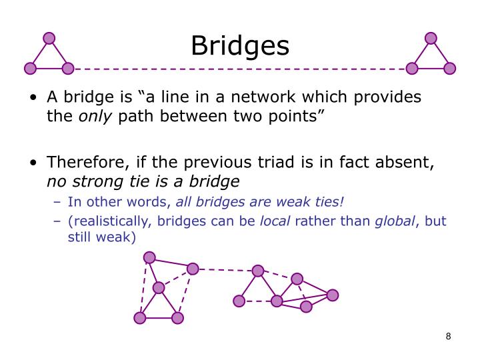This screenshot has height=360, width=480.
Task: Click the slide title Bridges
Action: [x=240, y=45]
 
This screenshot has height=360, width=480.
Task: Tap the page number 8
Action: [x=449, y=336]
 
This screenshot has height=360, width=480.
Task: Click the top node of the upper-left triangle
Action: [x=49, y=38]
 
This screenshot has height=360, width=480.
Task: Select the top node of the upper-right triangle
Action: [x=431, y=38]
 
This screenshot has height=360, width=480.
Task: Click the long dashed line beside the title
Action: [x=240, y=68]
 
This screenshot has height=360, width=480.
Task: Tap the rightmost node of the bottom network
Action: [x=333, y=295]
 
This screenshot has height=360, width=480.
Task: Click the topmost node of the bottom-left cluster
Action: [x=149, y=257]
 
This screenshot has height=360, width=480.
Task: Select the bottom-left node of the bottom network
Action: [x=139, y=318]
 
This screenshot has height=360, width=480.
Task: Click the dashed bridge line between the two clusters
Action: [x=225, y=269]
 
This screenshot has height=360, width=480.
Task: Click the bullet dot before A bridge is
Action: [x=33, y=98]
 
